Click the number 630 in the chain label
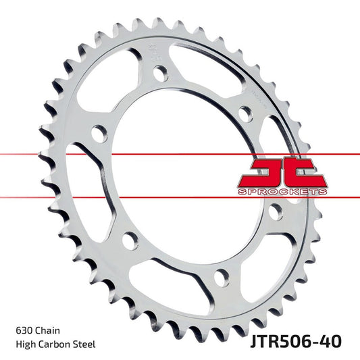pos(22,330)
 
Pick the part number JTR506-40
pos(291,339)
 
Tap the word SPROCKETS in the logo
pos(283,192)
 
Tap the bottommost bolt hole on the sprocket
pos(219,277)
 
